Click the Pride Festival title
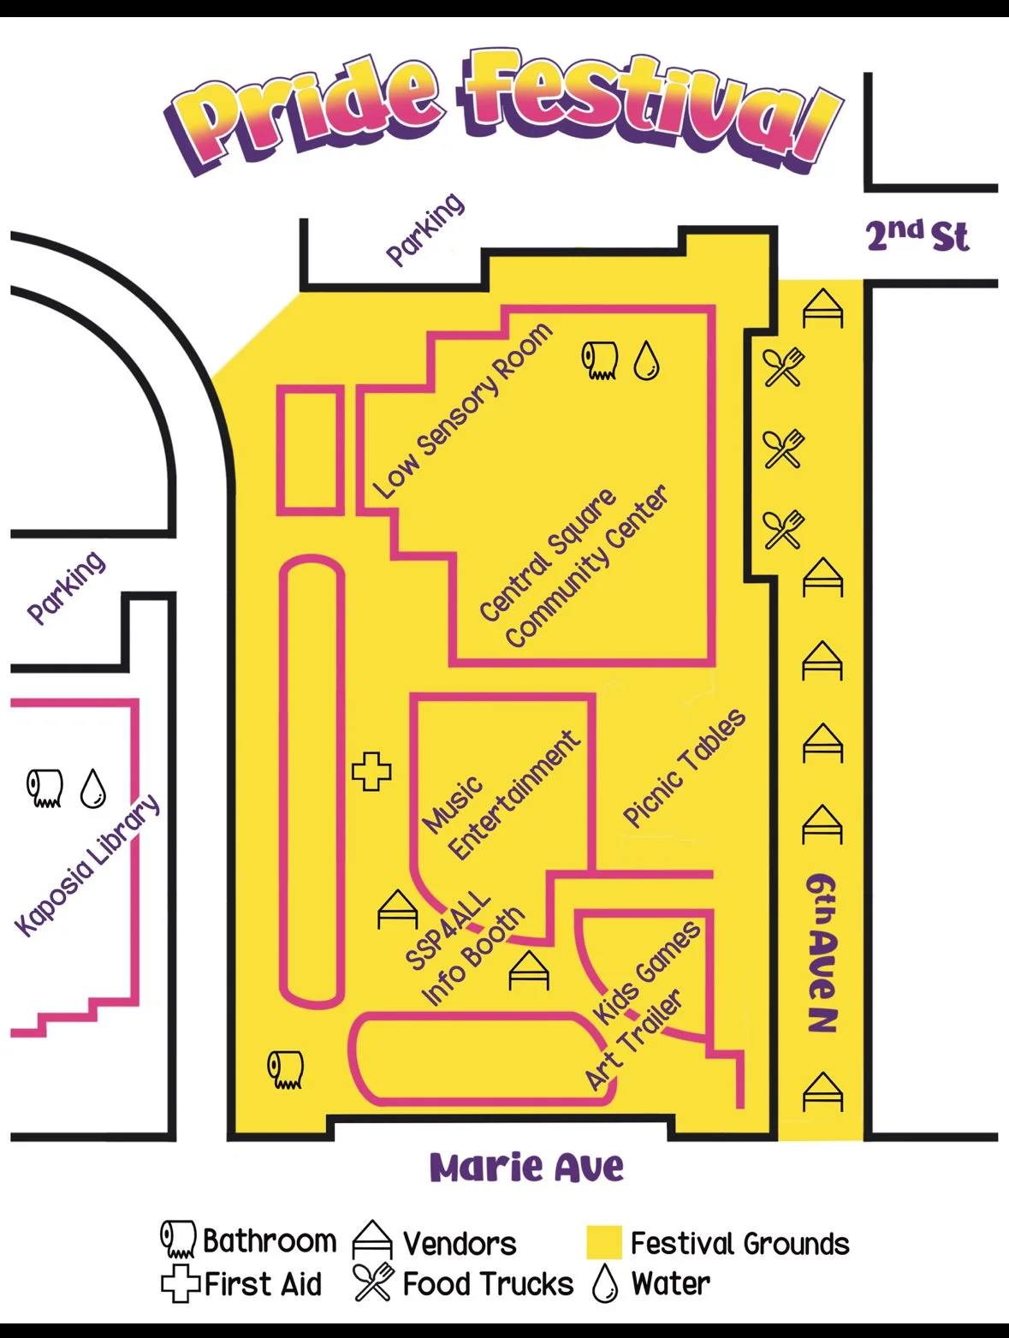click(x=505, y=111)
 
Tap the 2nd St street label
click(x=917, y=235)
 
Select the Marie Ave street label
click(x=526, y=1168)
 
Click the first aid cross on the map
click(x=371, y=771)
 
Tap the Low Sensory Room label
click(x=462, y=411)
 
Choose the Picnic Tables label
click(x=684, y=769)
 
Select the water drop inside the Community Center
click(x=646, y=360)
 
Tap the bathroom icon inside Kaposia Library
click(x=45, y=788)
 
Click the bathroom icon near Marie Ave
click(x=286, y=1069)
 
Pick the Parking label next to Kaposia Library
click(x=66, y=587)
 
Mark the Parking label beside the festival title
click(x=425, y=229)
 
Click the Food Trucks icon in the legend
click(x=374, y=1282)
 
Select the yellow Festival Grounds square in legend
click(x=604, y=1243)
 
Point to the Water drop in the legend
click(x=605, y=1283)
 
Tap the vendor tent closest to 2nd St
click(x=822, y=309)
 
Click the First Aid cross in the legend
click(x=180, y=1284)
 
